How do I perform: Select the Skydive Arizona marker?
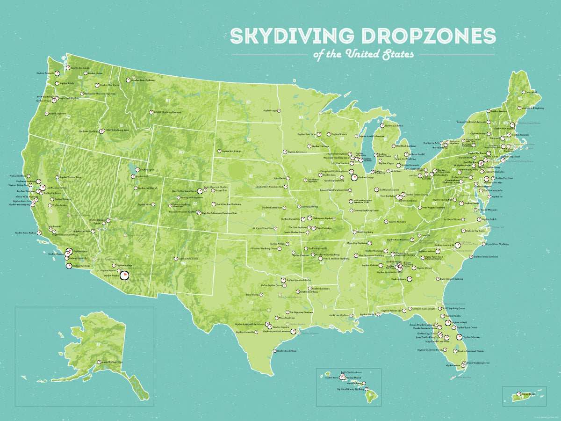(124, 275)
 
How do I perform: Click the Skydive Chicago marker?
(354, 178)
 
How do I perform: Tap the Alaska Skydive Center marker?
(99, 362)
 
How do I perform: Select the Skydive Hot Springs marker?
(218, 151)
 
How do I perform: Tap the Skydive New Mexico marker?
(176, 259)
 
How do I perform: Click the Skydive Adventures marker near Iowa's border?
(284, 152)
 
